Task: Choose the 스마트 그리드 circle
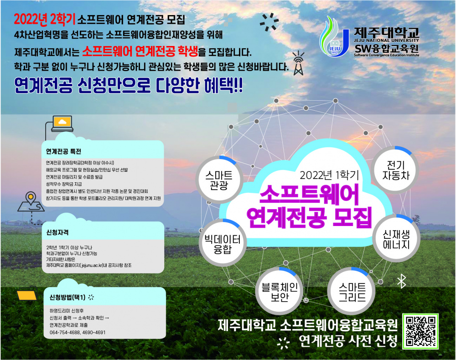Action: [x=352, y=291]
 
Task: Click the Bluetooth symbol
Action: [x=401, y=282]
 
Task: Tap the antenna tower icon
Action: [x=298, y=63]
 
